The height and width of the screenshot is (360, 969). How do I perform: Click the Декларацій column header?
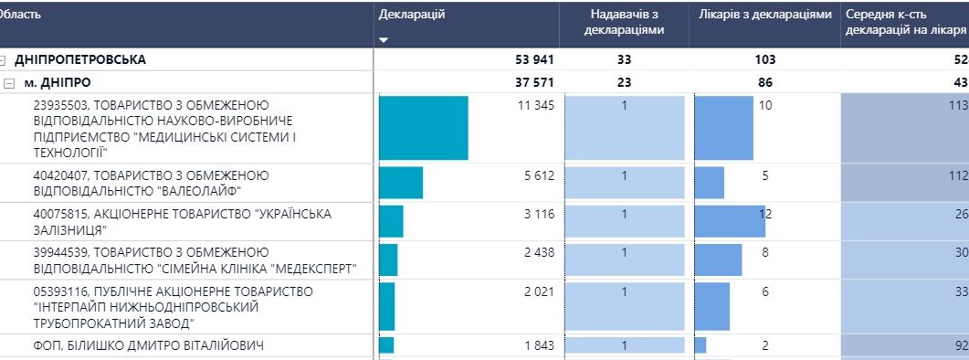point(412,15)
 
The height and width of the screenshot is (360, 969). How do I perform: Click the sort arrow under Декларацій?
point(384,40)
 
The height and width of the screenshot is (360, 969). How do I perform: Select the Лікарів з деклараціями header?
point(765,15)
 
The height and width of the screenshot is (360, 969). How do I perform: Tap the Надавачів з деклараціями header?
point(624,22)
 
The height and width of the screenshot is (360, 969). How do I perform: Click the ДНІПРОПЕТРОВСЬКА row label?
point(80,60)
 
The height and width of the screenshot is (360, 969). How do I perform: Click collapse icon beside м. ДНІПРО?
point(8,83)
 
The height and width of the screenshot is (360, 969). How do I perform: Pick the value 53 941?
point(534,60)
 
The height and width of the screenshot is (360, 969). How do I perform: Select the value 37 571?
point(534,83)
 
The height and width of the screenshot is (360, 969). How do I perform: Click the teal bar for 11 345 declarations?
point(424,128)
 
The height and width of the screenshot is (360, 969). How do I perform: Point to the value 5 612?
point(539,175)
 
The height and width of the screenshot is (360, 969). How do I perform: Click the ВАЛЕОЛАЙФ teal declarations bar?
point(400,183)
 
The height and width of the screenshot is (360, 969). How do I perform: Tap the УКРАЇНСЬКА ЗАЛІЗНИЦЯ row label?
point(183,222)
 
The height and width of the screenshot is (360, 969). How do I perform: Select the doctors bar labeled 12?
point(730,221)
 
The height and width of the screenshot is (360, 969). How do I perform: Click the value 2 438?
point(539,252)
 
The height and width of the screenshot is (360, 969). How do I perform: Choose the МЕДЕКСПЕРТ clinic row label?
point(195,260)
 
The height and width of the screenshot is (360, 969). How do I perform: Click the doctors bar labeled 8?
point(718,259)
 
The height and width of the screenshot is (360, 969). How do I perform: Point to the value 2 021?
point(539,291)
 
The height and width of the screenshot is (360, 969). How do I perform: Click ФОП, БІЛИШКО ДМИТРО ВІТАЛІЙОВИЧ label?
point(148,345)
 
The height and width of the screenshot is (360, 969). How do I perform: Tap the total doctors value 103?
point(765,60)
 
